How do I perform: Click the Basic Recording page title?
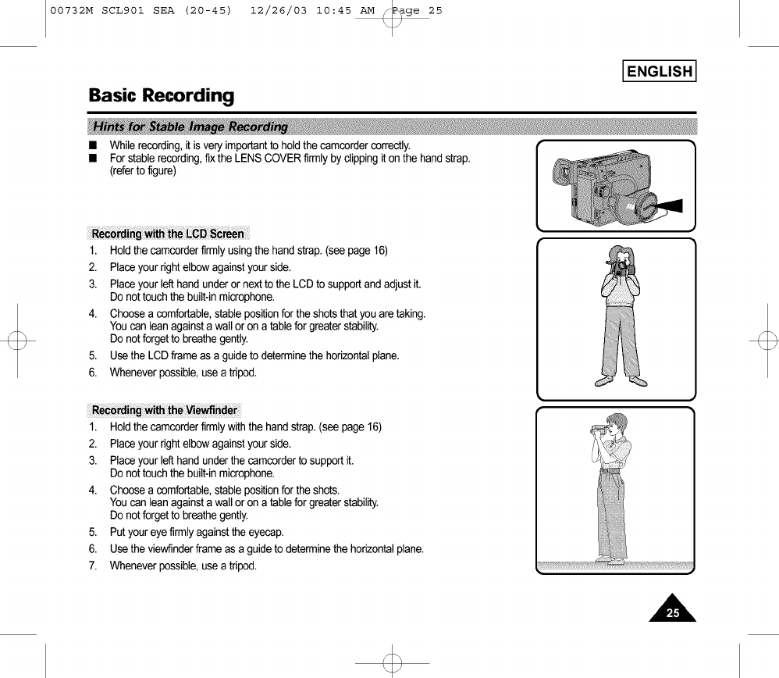click(x=161, y=96)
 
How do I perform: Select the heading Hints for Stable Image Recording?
click(x=190, y=127)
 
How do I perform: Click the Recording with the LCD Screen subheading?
click(x=168, y=234)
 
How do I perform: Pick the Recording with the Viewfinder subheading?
click(x=164, y=411)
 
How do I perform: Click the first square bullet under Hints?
click(x=94, y=146)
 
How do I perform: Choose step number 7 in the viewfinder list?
click(x=92, y=566)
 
